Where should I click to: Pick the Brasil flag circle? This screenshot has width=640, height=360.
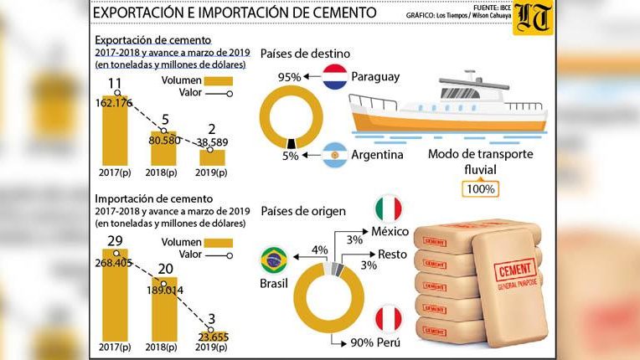click(275, 260)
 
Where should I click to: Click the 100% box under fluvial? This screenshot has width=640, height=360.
click(481, 190)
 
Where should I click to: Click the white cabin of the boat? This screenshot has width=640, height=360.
click(436, 91)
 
